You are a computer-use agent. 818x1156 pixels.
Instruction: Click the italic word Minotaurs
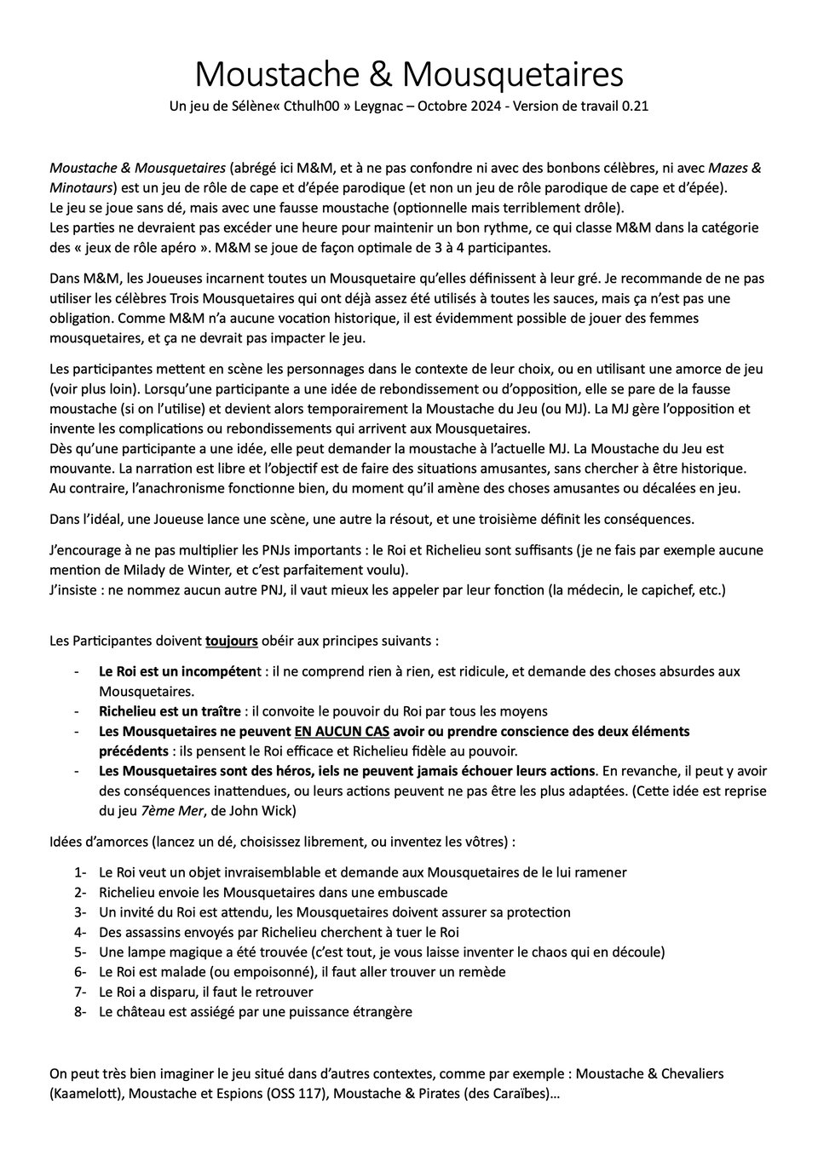[81, 187]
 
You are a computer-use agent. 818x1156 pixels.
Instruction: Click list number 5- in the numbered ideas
[81, 952]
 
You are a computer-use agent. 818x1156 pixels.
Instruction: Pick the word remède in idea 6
[479, 971]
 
